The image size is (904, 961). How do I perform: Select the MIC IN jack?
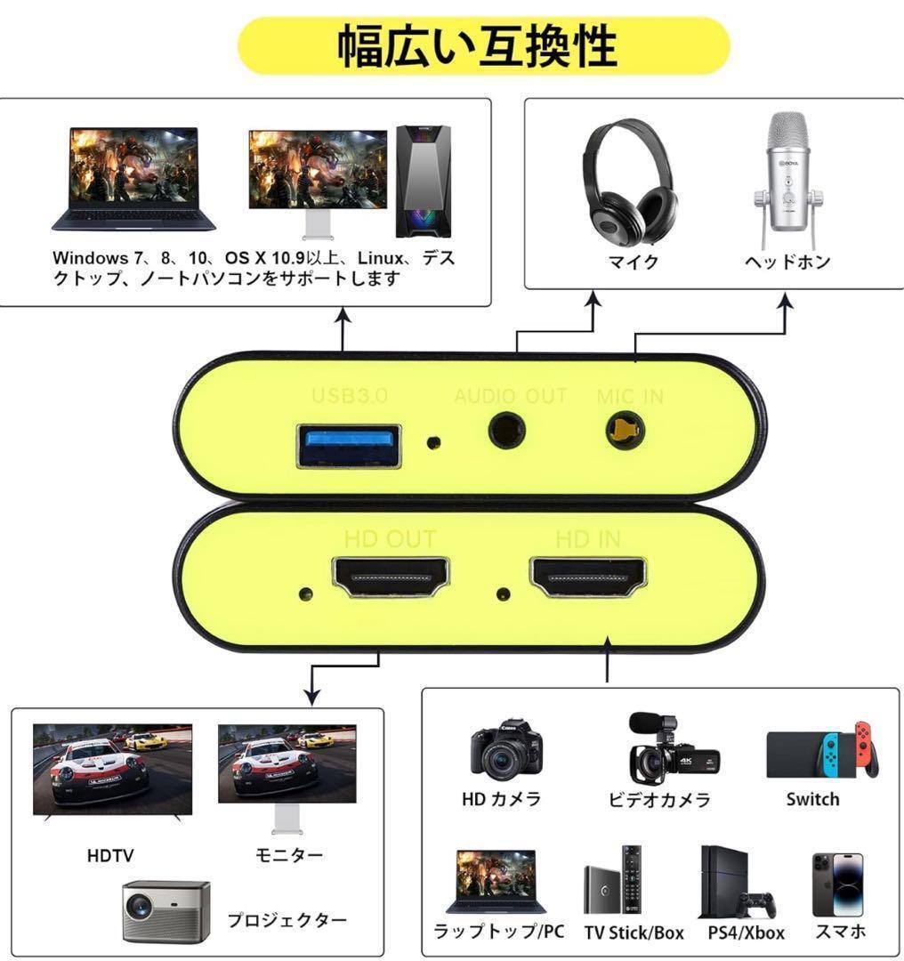tap(625, 432)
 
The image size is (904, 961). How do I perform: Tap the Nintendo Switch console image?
tap(821, 752)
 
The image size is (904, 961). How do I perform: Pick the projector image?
tap(165, 910)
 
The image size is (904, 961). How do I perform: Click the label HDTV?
tap(110, 856)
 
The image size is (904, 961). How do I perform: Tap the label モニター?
tap(289, 855)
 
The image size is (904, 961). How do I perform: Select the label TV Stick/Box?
tap(634, 933)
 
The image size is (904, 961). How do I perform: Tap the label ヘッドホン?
tap(787, 262)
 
